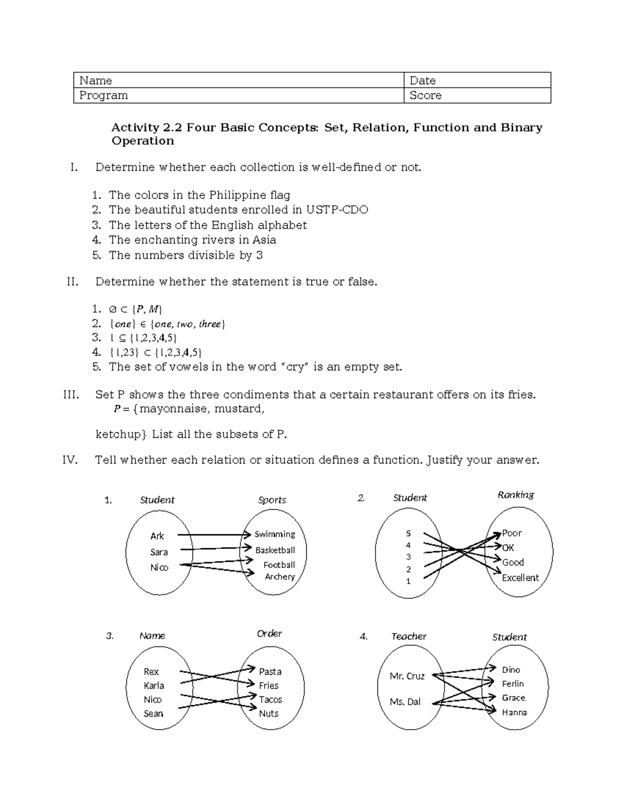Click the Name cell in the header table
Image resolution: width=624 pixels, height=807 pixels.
tap(239, 81)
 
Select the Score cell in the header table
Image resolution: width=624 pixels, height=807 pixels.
tap(477, 96)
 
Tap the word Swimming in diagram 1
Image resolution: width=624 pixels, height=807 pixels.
tap(275, 534)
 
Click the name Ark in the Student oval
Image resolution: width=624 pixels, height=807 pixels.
tap(157, 536)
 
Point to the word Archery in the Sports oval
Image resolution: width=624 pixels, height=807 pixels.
tap(280, 577)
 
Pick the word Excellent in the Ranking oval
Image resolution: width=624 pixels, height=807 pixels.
tap(520, 578)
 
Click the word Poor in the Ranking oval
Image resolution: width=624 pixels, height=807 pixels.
tap(512, 533)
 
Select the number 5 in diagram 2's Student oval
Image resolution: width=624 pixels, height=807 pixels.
tap(408, 534)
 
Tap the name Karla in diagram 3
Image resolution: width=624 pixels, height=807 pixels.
tap(154, 686)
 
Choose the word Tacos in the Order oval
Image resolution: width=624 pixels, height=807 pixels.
tap(270, 700)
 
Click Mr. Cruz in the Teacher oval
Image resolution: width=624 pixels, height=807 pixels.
tap(407, 676)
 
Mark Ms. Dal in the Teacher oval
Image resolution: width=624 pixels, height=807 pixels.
tap(405, 702)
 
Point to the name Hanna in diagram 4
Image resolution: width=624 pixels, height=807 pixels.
tap(514, 712)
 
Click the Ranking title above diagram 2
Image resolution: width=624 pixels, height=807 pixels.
tap(516, 495)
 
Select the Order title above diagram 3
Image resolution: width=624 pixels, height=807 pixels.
tap(269, 633)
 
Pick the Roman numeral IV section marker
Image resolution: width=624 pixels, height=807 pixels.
tap(70, 460)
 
